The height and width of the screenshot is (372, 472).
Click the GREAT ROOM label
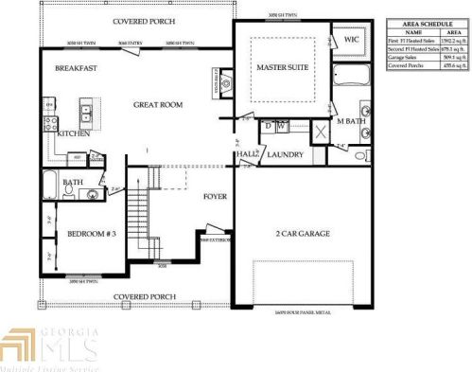(x=158, y=105)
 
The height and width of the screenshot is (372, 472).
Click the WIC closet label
(x=351, y=41)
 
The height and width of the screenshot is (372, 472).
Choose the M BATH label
(x=352, y=123)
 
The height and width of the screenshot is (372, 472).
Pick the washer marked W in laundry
(x=283, y=126)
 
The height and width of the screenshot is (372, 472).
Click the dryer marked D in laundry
(x=270, y=126)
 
